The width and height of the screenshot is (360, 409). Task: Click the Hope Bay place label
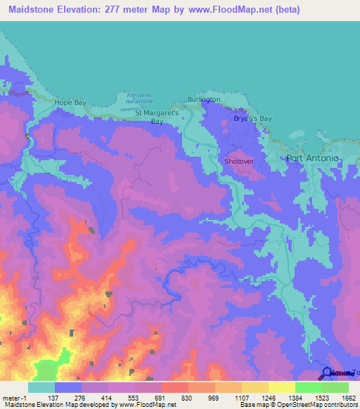pos(70,103)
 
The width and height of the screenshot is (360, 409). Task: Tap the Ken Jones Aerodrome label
pos(139,98)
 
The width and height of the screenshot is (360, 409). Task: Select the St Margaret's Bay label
pos(157,116)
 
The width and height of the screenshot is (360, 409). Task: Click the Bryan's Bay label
pos(252,119)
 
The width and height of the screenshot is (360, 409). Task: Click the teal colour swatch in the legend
pos(41,387)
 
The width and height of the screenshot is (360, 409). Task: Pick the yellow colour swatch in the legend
pos(282,387)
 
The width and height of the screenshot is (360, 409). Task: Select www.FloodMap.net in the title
pos(269,11)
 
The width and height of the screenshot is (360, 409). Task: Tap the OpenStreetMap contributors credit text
pos(314,405)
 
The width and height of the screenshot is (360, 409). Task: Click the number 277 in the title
pos(115,11)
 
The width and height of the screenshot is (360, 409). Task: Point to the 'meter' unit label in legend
pos(12,397)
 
